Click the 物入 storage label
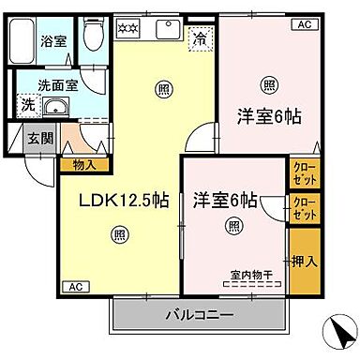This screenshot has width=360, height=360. pyautogui.click(x=82, y=163)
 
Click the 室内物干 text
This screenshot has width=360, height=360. pyautogui.click(x=248, y=275)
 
